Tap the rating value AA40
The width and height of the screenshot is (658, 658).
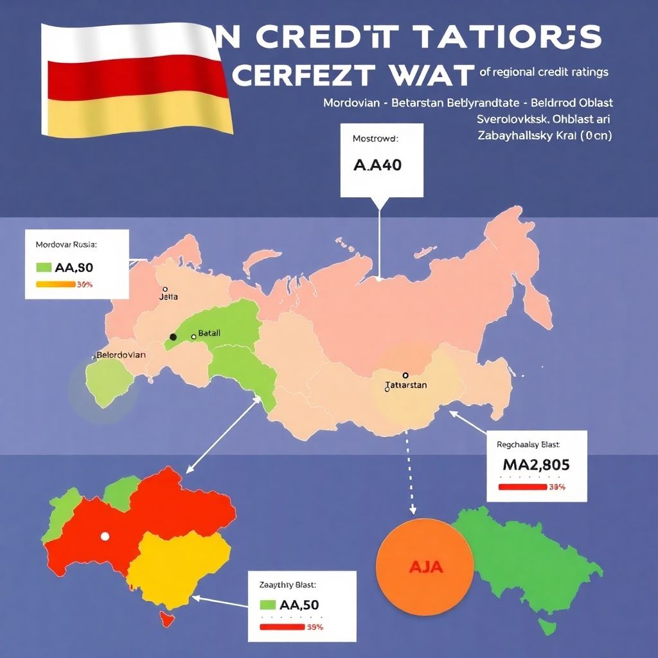pos(378,164)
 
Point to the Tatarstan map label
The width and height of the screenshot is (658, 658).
pos(405,385)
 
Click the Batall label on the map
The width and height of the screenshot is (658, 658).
pos(209,333)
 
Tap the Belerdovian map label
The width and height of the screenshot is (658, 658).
pos(121,355)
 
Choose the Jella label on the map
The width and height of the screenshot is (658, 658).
pos(168,297)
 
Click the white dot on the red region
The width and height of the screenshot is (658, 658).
pos(105,536)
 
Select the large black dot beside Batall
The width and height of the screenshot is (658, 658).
pos(172,337)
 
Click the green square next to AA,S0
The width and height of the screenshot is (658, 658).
pos(44,267)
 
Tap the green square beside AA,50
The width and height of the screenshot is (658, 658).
pos(268,605)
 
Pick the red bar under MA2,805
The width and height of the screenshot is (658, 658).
pos(522,487)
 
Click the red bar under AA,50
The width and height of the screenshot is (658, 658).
pos(281,627)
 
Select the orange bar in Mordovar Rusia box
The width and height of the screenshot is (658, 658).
pos(55,284)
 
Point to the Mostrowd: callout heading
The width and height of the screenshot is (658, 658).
pos(375,138)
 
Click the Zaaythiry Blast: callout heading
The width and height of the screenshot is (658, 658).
pos(287,585)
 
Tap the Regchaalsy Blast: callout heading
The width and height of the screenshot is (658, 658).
pos(528,444)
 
